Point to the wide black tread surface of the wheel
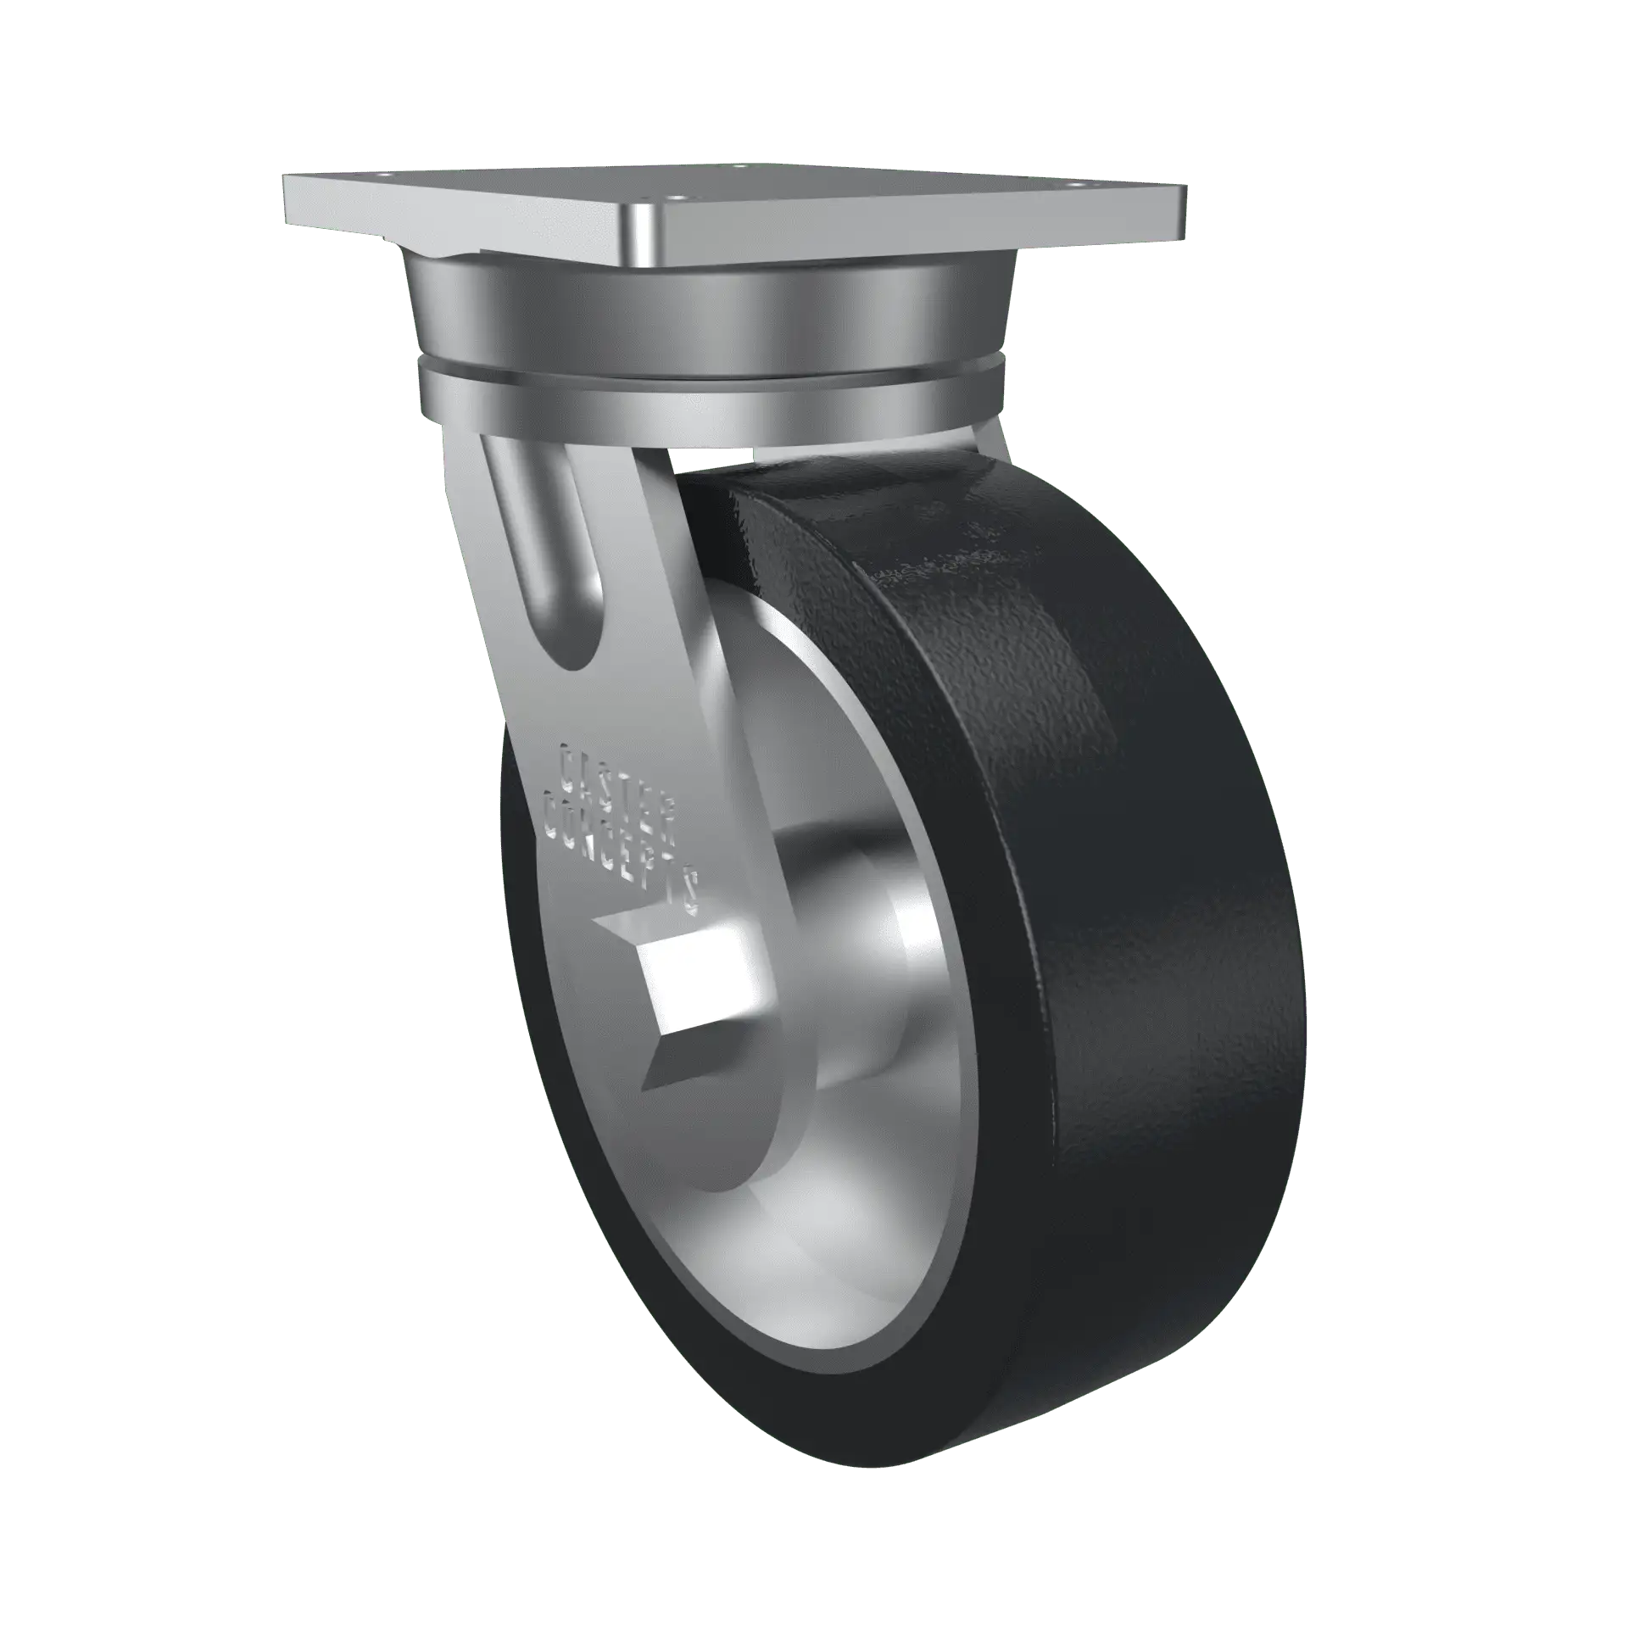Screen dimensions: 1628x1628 point(1170,933)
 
